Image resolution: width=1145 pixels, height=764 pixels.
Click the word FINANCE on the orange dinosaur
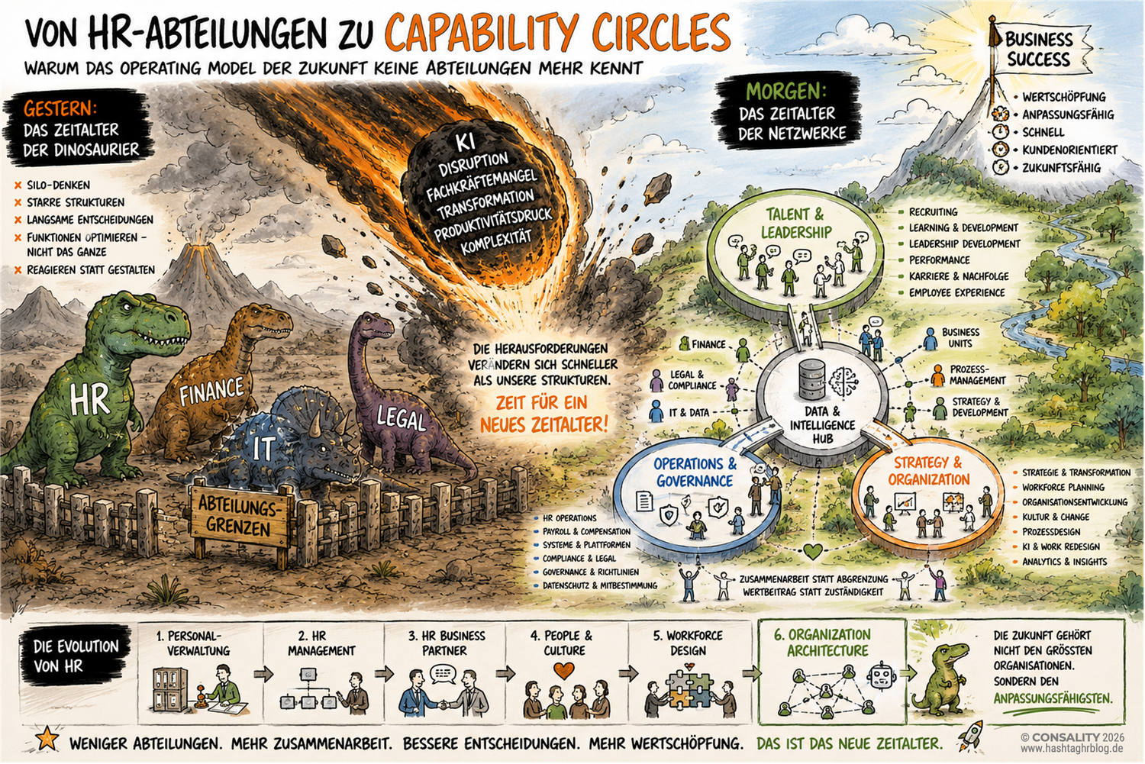pos(211,391)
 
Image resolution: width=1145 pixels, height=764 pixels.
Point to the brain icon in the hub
pos(844,381)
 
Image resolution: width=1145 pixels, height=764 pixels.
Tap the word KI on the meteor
pos(465,143)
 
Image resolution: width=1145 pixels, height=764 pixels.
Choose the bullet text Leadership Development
pos(964,243)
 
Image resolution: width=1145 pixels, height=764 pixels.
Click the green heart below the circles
pos(812,551)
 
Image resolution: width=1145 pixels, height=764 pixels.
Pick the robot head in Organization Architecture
pos(881,677)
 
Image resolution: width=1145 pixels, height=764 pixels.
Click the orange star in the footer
pos(47,738)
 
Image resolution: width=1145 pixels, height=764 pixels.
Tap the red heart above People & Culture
pos(564,670)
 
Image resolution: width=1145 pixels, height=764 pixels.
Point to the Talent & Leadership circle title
pos(795,224)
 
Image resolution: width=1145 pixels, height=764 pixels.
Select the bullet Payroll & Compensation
pos(586,531)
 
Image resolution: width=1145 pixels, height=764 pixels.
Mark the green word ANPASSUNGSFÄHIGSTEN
pos(1053,698)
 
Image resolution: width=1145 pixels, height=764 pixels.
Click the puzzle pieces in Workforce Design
pos(689,691)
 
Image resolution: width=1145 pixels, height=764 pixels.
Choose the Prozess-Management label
pos(977,375)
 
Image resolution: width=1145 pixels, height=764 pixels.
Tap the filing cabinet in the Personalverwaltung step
pos(169,689)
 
